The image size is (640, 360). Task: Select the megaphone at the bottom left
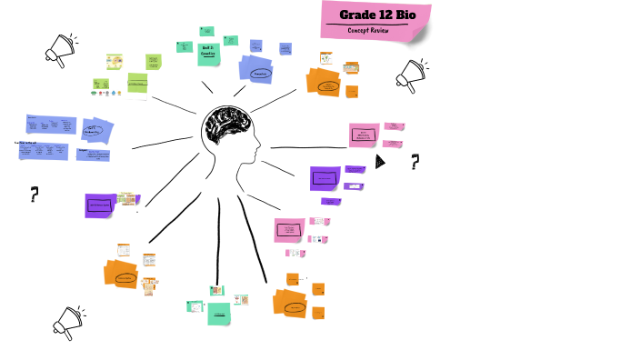(68, 320)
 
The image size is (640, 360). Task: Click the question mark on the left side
(35, 193)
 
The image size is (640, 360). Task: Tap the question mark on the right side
(415, 162)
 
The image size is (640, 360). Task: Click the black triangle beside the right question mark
(380, 162)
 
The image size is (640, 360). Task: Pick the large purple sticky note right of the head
(325, 178)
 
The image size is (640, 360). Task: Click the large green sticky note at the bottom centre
(218, 314)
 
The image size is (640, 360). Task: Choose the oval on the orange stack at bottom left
(124, 277)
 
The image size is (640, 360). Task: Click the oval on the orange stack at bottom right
(293, 308)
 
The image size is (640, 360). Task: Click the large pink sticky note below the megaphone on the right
(364, 135)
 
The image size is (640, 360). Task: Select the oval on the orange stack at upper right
(327, 86)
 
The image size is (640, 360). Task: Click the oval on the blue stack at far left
(95, 132)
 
